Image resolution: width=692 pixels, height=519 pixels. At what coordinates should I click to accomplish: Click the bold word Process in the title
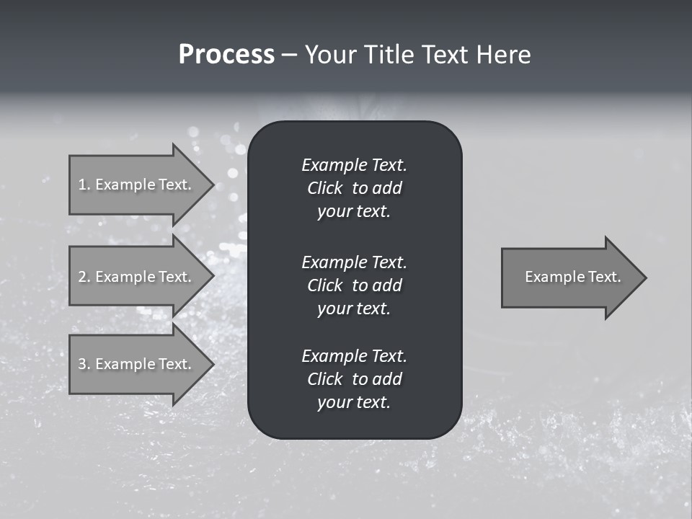pos(226,55)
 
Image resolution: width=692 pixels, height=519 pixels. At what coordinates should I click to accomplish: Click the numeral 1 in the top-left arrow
pos(82,185)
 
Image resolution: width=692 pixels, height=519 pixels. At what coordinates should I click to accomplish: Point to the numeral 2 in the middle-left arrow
pos(83,277)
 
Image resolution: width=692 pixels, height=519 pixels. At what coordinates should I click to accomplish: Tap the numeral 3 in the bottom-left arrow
pos(83,364)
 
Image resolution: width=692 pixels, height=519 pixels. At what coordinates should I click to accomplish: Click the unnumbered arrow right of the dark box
pos(569,278)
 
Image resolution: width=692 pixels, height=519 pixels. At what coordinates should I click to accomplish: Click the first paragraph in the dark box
pos(354,188)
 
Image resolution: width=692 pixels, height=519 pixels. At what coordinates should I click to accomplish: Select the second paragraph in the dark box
pos(354,285)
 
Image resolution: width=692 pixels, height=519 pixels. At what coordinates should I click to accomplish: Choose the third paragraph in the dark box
pos(354,379)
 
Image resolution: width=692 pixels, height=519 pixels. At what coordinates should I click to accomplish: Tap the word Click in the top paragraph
pos(324,188)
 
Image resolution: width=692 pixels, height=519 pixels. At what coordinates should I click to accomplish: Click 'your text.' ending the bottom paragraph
pos(354,402)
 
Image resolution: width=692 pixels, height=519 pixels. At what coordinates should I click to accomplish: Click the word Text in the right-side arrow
pos(605,277)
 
